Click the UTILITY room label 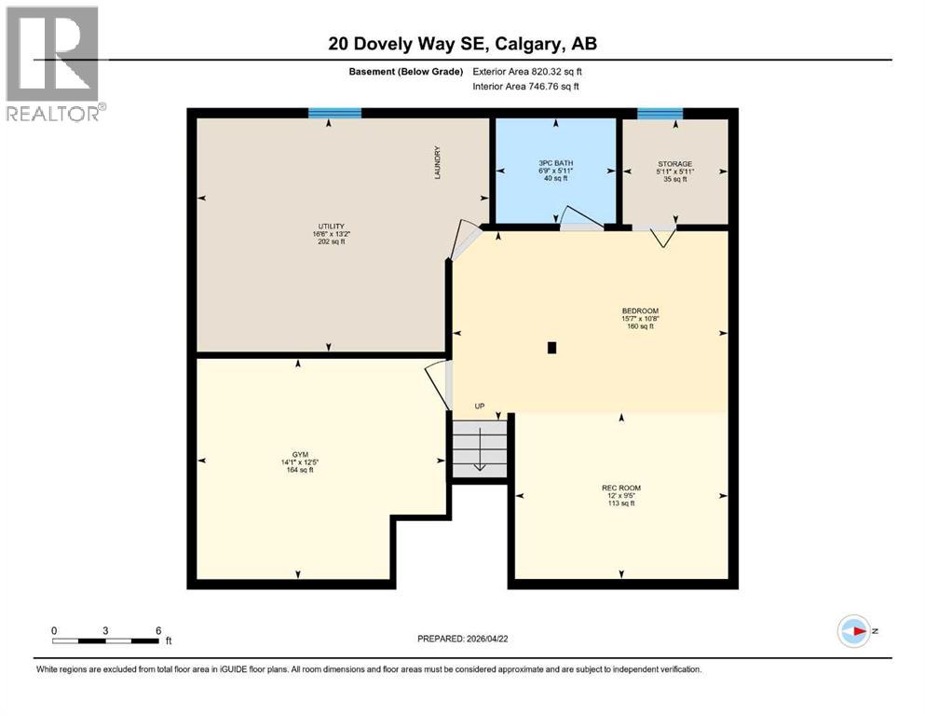332,226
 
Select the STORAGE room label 673,164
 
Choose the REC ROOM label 620,488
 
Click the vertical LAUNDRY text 436,162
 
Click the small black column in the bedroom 552,348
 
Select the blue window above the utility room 334,113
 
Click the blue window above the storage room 660,113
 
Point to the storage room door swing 662,237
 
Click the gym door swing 436,382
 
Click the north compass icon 853,631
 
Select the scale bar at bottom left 105,640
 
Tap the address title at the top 462,43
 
